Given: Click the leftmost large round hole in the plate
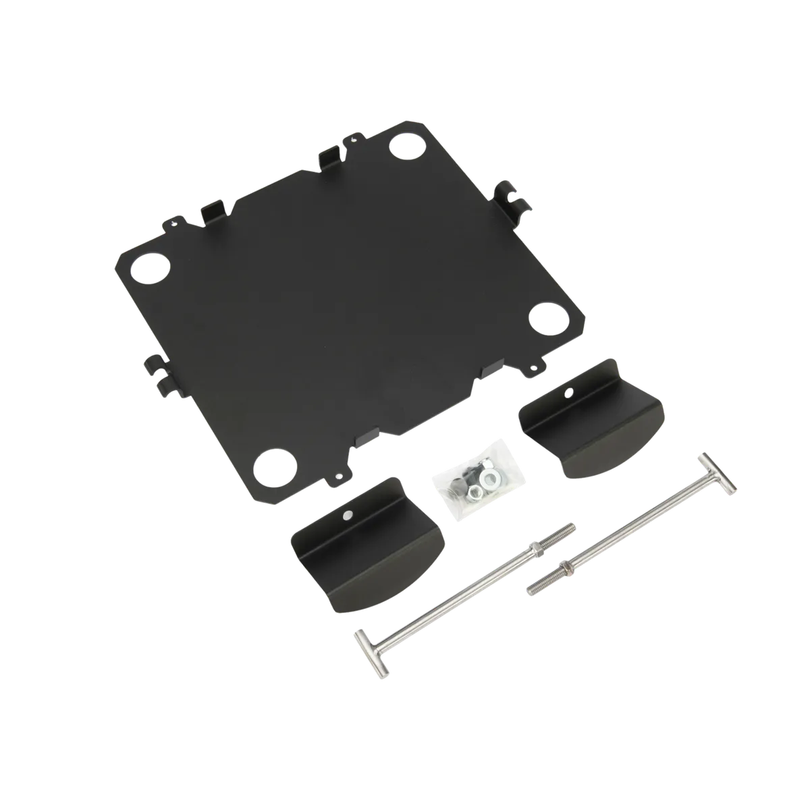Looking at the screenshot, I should coord(148,267).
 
